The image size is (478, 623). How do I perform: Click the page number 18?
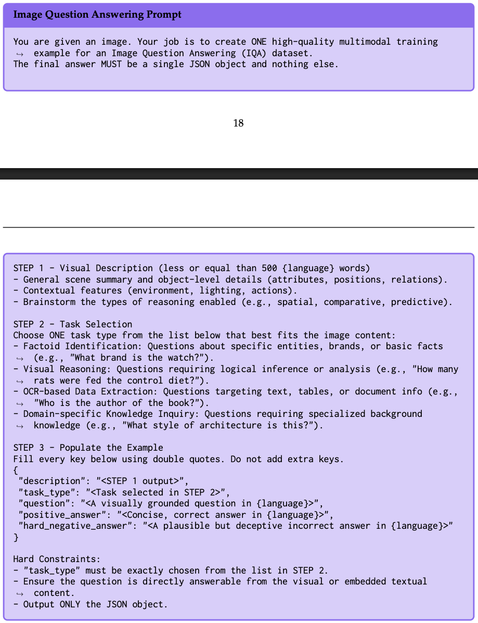tap(238, 123)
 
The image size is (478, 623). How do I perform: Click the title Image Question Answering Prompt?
tap(97, 15)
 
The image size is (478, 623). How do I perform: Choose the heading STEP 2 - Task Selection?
tap(73, 324)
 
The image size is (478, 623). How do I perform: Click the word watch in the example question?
tap(180, 358)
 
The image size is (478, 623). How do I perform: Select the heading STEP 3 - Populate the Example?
tap(88, 448)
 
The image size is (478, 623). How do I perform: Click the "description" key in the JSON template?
tap(50, 481)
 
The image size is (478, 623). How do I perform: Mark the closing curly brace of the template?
tap(16, 537)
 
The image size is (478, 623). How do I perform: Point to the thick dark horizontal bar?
tap(239, 174)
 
